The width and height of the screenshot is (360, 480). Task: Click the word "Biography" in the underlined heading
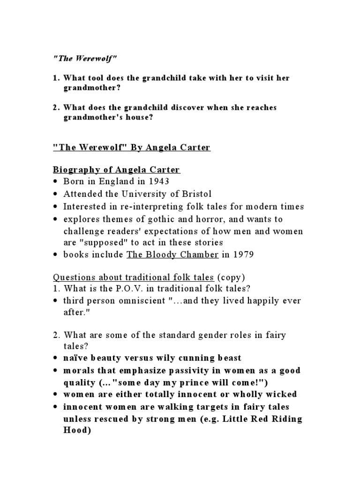75,170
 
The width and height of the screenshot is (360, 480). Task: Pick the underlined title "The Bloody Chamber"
173,255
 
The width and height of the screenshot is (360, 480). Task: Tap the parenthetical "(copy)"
231,277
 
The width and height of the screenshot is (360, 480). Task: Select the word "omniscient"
141,301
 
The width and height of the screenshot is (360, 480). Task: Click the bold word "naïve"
77,358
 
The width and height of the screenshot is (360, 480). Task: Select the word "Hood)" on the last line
76,430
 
